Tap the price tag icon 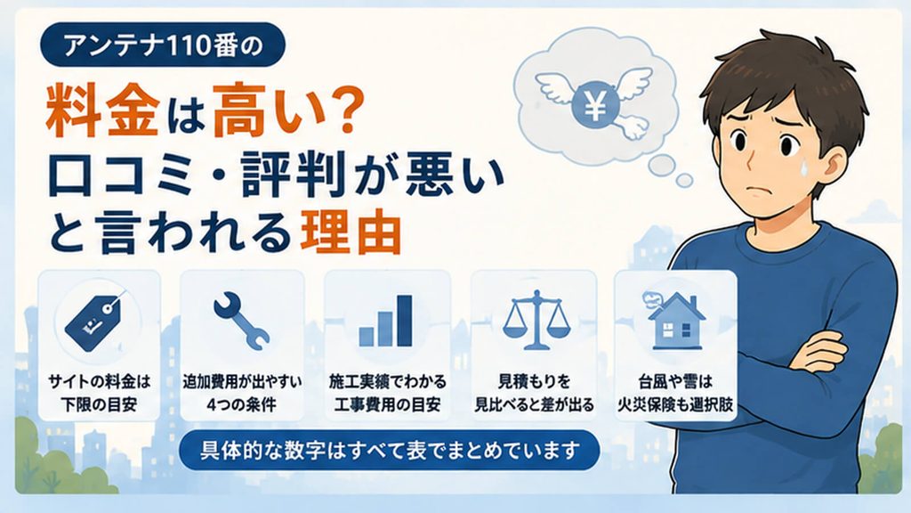(x=96, y=321)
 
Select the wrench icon (x=241, y=321)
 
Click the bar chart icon (x=386, y=321)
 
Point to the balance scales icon (x=536, y=321)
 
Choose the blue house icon (x=674, y=321)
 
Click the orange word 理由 (x=351, y=232)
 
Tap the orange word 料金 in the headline (x=102, y=110)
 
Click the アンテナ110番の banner (x=162, y=45)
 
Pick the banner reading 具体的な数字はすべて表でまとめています (x=390, y=450)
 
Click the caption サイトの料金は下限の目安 (x=99, y=393)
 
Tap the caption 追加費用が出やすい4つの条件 (x=242, y=393)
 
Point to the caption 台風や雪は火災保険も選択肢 (x=674, y=393)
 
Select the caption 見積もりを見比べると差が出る (x=534, y=393)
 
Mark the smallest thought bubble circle (x=685, y=180)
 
